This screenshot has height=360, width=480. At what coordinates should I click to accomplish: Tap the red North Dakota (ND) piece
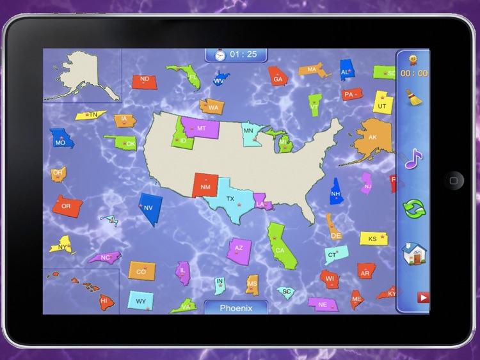(x=145, y=81)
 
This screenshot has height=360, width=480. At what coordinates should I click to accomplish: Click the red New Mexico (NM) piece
(x=205, y=186)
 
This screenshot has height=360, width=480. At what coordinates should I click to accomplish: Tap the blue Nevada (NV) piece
(x=149, y=209)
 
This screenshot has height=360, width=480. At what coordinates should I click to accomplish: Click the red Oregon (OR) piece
(x=67, y=206)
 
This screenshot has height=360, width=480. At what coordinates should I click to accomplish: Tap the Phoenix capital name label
(x=236, y=308)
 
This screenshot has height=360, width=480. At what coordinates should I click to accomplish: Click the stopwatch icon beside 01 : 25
(x=220, y=54)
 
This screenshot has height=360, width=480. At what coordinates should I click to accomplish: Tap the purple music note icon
(x=413, y=158)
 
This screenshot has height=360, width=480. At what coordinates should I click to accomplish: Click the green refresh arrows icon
(x=413, y=208)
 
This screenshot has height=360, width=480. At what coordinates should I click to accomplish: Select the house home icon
(x=413, y=254)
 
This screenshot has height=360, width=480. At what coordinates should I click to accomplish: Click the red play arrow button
(x=422, y=297)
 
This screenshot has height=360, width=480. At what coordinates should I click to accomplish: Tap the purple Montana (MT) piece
(x=201, y=128)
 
